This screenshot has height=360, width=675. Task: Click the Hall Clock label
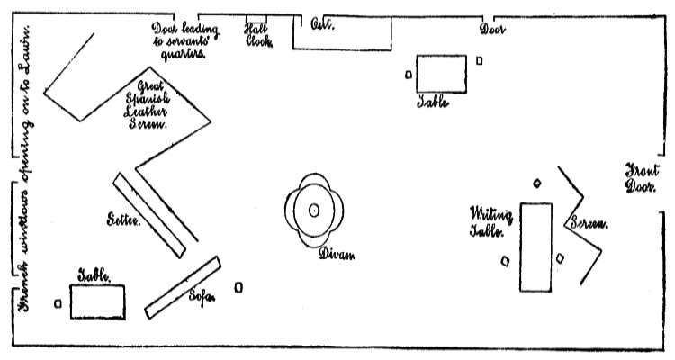257,34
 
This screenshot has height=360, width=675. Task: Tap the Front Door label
643,177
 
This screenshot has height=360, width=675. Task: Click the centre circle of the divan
314,211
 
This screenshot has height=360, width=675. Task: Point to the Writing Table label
491,221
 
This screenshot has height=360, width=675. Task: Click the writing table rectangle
535,247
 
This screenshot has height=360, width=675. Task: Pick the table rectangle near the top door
441,74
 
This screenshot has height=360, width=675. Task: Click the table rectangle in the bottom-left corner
97,301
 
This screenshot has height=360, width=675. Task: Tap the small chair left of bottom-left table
58,303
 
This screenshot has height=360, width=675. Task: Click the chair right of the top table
480,61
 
